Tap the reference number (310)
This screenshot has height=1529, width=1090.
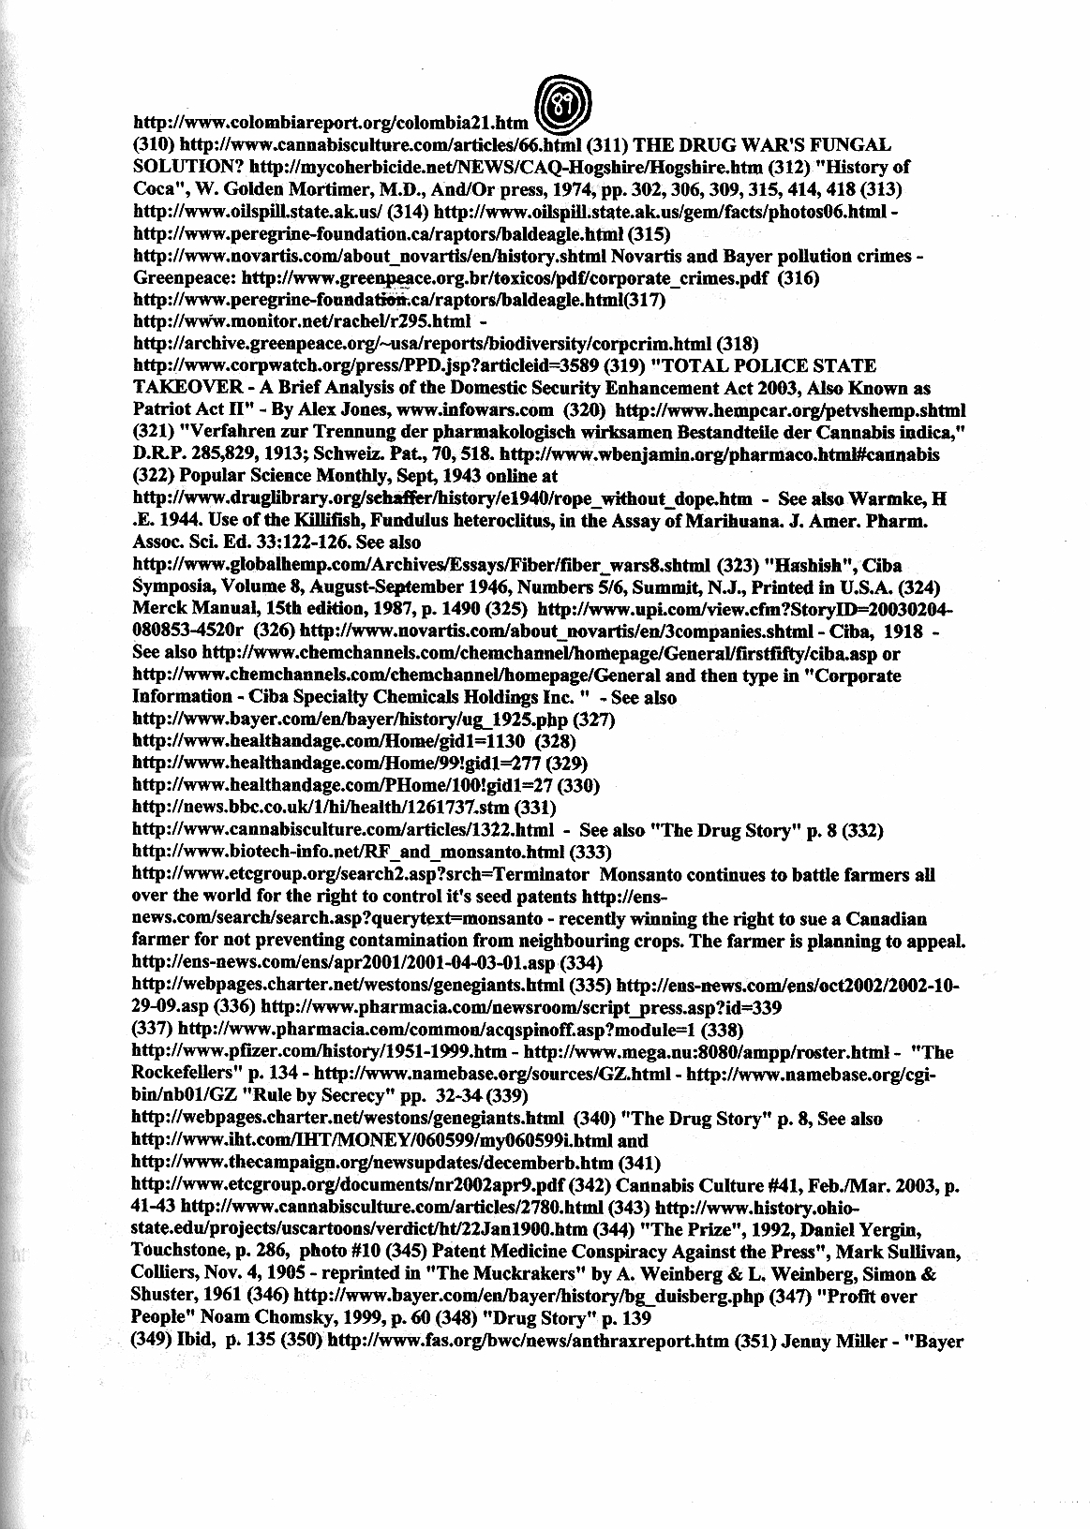click(153, 146)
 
